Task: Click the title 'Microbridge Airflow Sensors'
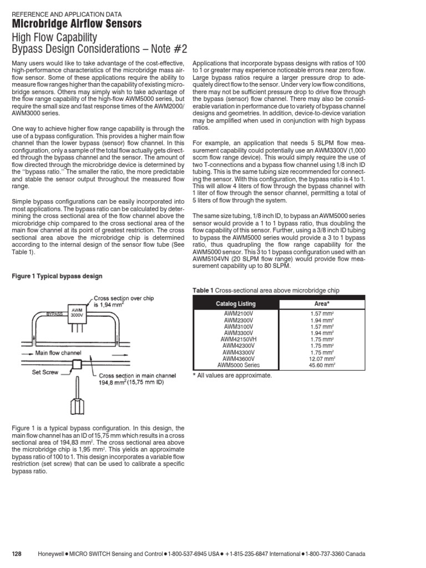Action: pyautogui.click(x=77, y=23)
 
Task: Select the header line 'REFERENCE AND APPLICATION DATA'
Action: pyautogui.click(x=67, y=14)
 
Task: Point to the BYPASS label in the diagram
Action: pyautogui.click(x=54, y=313)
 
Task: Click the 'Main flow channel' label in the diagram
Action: pyautogui.click(x=58, y=352)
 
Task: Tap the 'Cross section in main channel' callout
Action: pyautogui.click(x=137, y=376)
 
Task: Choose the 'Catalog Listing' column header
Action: pyautogui.click(x=235, y=304)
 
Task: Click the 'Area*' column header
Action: pyautogui.click(x=322, y=304)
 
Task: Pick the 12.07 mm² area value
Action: pyautogui.click(x=322, y=359)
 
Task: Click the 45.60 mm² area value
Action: pyautogui.click(x=322, y=366)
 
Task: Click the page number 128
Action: pyautogui.click(x=17, y=555)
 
